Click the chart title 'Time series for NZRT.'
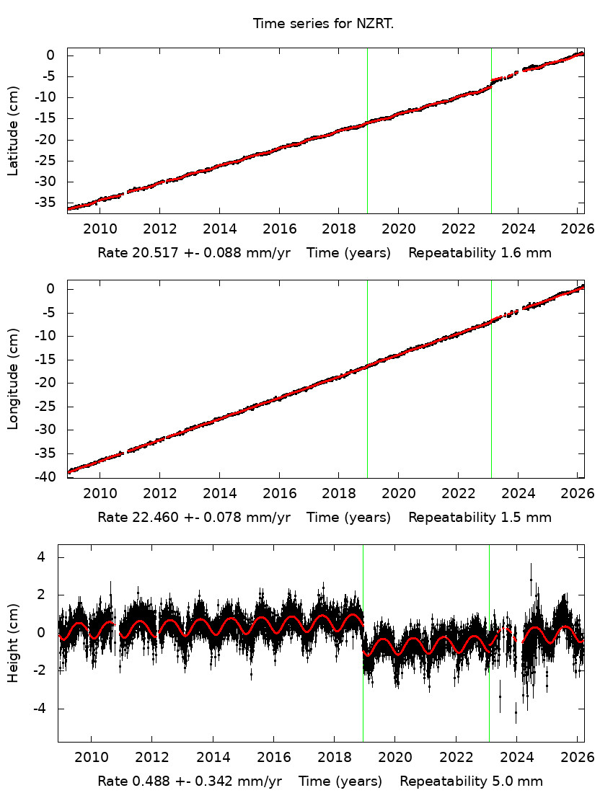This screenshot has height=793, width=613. (x=323, y=24)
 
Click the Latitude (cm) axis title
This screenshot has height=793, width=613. (x=13, y=130)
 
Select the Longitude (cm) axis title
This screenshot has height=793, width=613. (x=13, y=378)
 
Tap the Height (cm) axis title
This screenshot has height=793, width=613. (x=13, y=643)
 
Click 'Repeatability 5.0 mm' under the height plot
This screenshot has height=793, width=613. (x=471, y=781)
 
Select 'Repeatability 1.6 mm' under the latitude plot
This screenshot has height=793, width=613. (x=480, y=253)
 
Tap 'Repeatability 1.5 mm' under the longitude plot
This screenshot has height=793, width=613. (x=480, y=517)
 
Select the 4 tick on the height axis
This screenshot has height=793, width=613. (x=42, y=557)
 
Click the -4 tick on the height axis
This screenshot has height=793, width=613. (x=39, y=709)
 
